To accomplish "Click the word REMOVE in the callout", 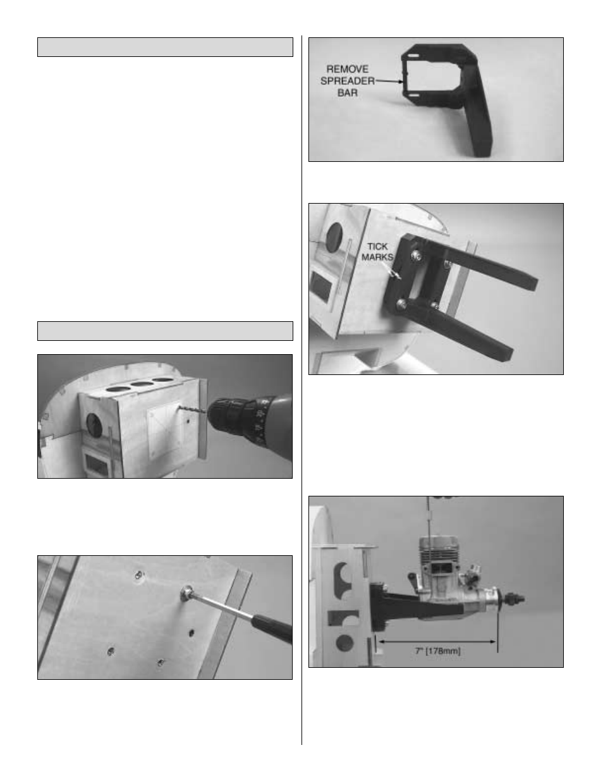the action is point(347,69).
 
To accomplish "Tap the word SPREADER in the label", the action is point(347,81).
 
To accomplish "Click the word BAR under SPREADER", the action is point(347,93).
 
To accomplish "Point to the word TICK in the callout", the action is point(377,247).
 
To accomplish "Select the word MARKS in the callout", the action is point(377,257).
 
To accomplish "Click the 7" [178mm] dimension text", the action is point(438,651).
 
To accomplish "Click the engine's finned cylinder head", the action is point(439,551).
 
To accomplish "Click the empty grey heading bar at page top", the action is point(165,47).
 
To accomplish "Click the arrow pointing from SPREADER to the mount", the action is point(389,81).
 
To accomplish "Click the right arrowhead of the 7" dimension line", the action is point(494,641).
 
